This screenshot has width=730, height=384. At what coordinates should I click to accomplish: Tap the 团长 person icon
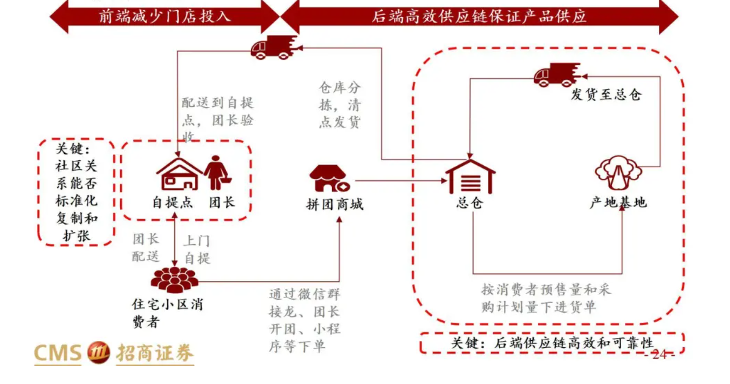[216, 173]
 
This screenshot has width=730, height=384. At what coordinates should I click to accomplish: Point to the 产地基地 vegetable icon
[618, 173]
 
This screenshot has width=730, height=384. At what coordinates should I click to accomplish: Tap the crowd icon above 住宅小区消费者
[175, 280]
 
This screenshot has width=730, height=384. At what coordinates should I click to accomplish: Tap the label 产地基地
[618, 202]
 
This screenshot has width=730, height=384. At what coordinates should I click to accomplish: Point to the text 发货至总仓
[605, 95]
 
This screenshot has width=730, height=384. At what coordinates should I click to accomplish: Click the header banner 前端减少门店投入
[164, 17]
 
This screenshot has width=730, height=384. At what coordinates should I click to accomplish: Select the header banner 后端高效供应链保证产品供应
[479, 17]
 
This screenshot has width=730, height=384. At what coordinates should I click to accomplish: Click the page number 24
[659, 354]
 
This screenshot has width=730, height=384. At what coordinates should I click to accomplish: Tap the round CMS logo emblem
[99, 352]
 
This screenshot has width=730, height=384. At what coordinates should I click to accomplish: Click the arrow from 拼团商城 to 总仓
[400, 181]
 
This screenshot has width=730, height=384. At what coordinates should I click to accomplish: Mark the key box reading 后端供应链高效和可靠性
[551, 343]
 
